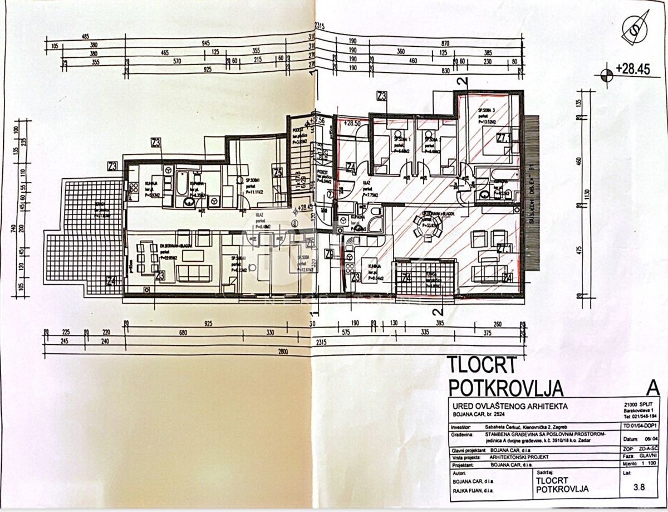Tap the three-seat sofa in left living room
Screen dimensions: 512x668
(194, 273)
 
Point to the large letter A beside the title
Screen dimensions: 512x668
(652, 386)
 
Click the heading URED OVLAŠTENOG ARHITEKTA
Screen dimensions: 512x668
(507, 406)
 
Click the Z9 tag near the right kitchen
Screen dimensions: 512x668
(330, 255)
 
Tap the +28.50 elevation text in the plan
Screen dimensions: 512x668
(353, 123)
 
